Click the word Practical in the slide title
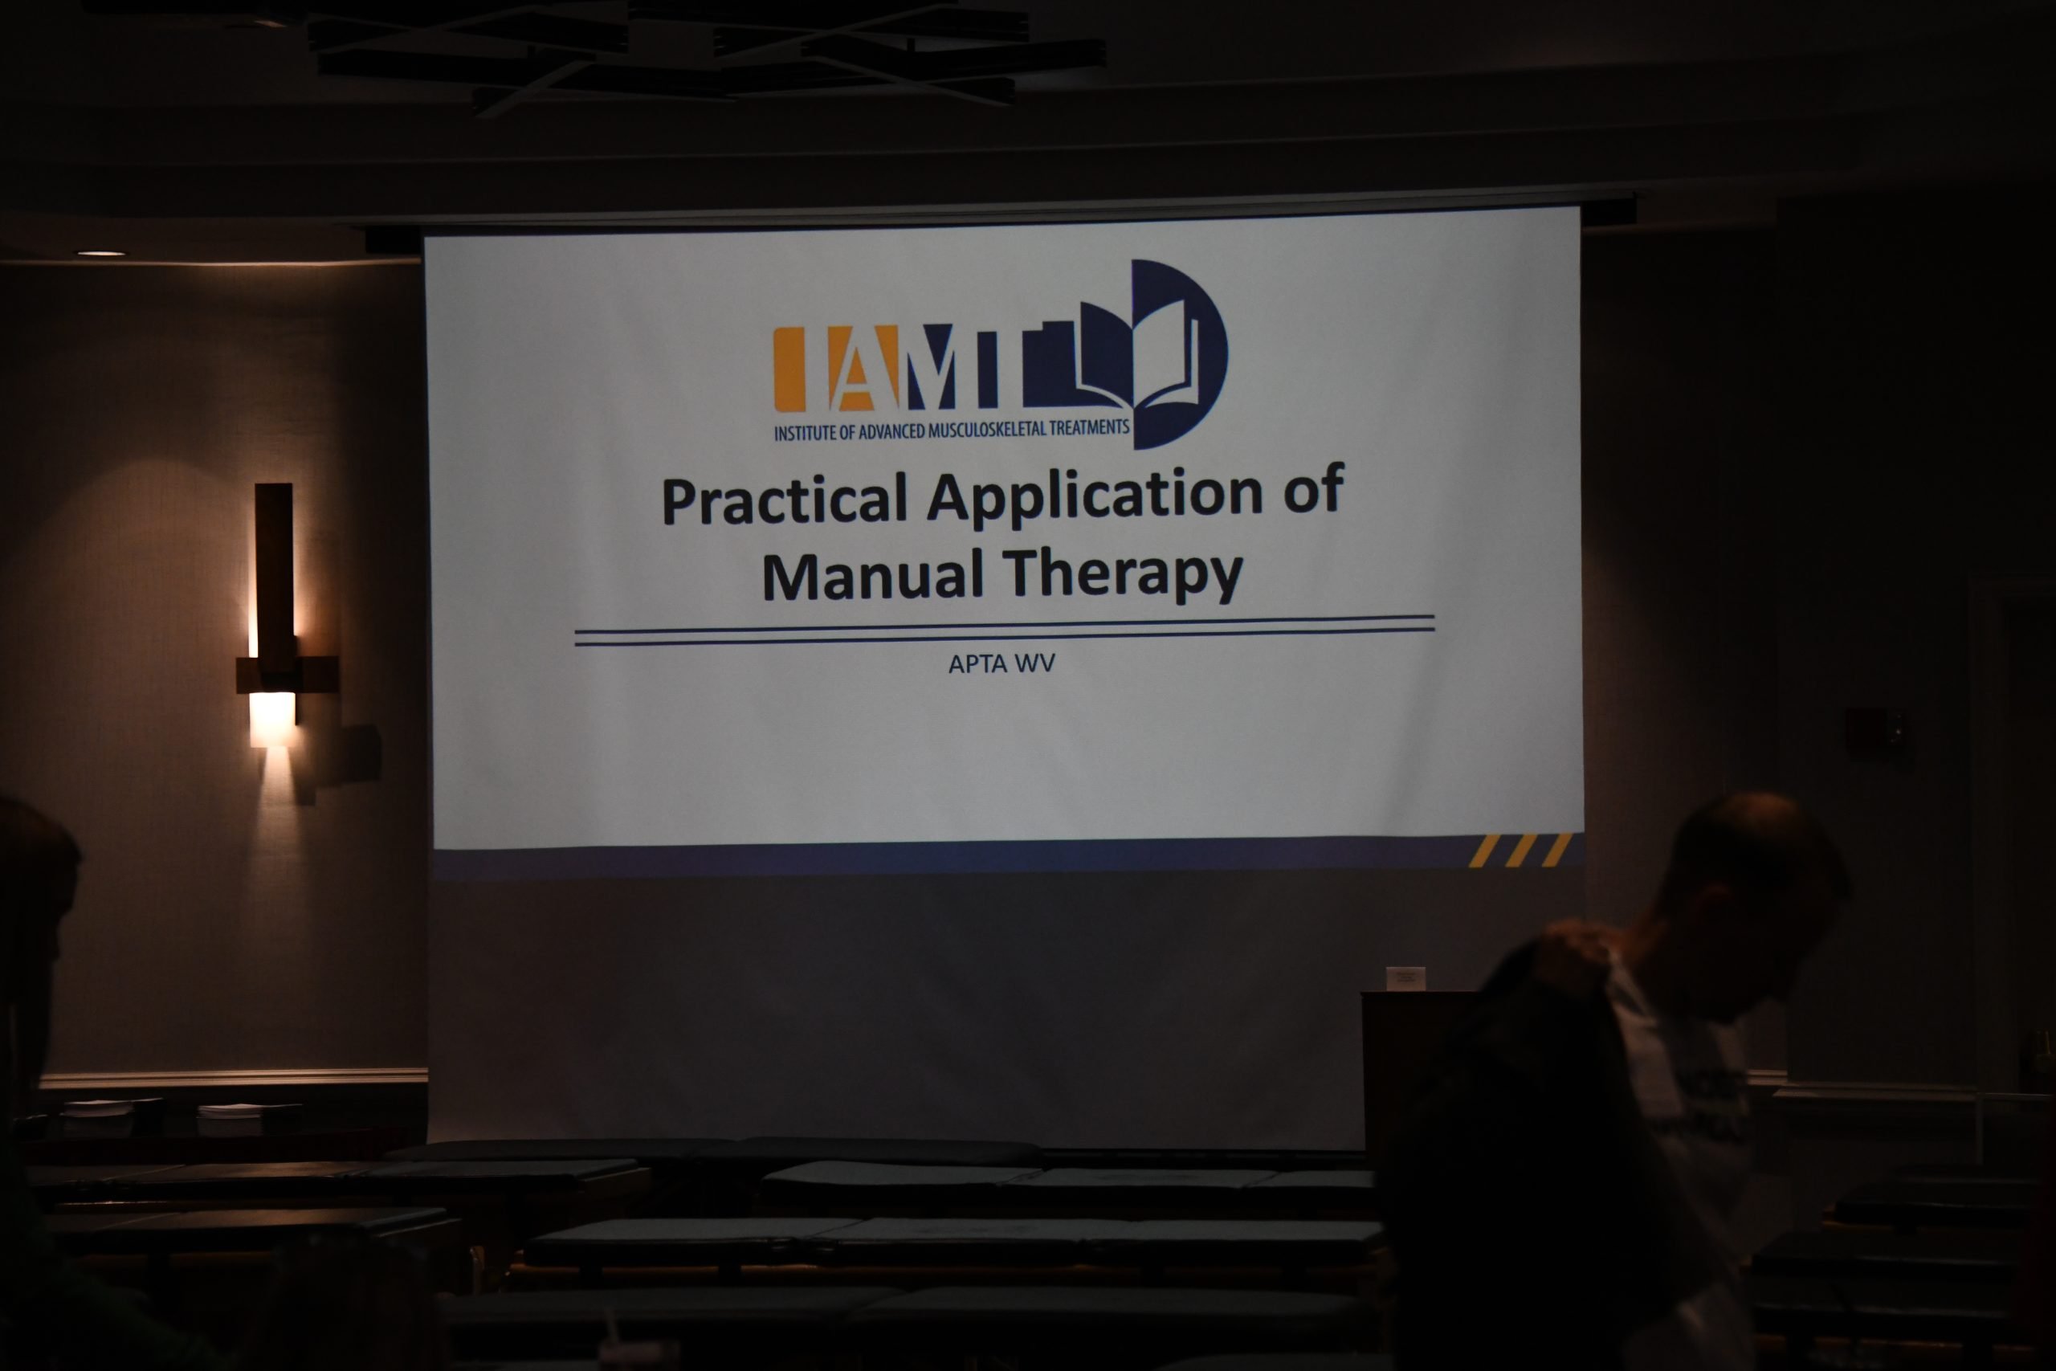point(784,500)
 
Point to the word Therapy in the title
point(1124,573)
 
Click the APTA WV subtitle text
point(1001,663)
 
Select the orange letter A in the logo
point(862,368)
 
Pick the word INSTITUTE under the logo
point(805,433)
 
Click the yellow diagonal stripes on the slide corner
point(1520,850)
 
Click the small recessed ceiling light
point(100,254)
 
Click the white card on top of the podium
point(1405,978)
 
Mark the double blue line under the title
point(1005,630)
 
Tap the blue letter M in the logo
point(936,366)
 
